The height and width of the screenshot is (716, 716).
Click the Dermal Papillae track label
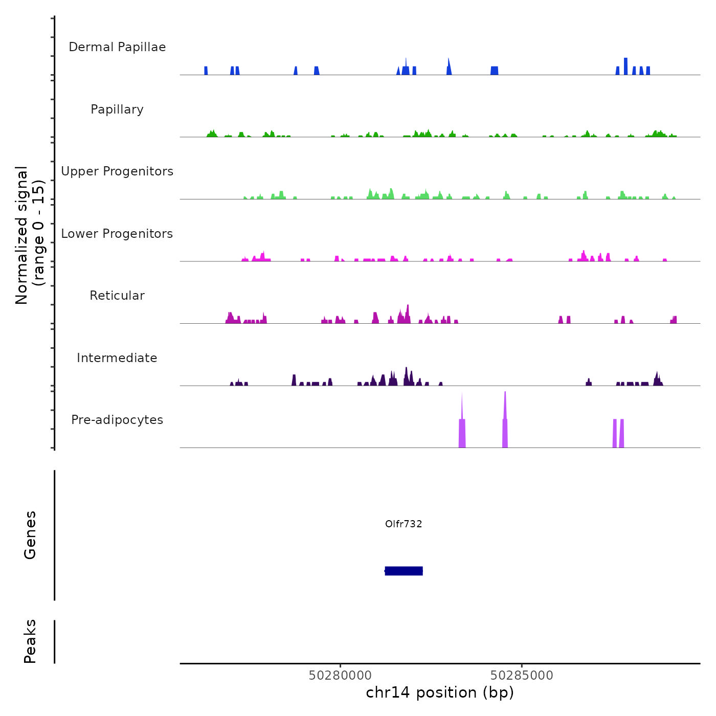[x=117, y=47]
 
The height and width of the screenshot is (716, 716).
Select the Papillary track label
[x=117, y=109]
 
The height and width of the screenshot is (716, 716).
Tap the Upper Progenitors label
[x=117, y=171]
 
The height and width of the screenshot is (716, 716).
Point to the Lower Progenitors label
[x=117, y=234]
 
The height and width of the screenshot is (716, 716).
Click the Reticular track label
[x=117, y=296]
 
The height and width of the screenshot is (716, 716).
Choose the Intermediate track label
[x=117, y=358]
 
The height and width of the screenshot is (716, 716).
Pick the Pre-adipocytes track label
[x=117, y=420]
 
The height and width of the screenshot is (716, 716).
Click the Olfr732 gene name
[x=404, y=524]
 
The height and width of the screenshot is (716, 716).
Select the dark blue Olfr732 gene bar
[x=404, y=571]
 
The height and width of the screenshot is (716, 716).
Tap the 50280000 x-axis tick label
[x=340, y=676]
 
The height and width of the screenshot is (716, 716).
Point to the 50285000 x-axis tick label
[x=522, y=676]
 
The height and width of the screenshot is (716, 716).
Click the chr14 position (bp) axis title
[x=440, y=692]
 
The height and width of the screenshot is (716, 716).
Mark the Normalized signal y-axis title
[x=30, y=235]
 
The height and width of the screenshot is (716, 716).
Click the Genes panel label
[x=30, y=535]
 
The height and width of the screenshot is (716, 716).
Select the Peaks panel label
[x=30, y=641]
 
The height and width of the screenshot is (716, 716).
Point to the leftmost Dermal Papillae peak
[x=206, y=71]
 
